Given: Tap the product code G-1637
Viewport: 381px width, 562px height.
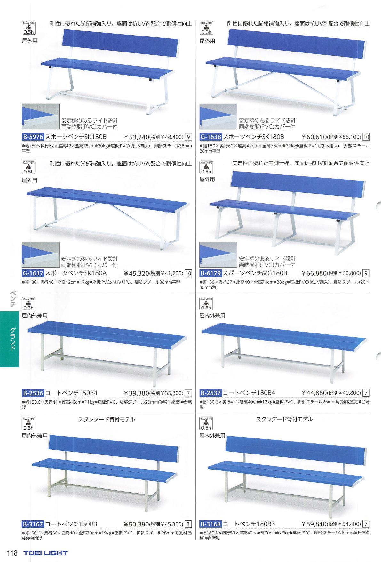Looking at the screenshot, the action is click(x=33, y=273).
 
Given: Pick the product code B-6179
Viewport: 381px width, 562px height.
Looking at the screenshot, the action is click(x=210, y=273).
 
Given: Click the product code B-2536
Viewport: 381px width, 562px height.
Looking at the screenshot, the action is click(x=33, y=393).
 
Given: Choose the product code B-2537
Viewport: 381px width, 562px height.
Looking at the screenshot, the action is click(x=210, y=393).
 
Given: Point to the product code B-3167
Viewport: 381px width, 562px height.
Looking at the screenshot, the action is click(x=33, y=524).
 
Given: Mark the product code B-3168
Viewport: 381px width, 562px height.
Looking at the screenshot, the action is click(x=210, y=524).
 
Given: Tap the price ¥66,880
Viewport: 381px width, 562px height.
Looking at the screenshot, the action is click(x=314, y=273).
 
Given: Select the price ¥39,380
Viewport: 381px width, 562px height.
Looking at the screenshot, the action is click(x=137, y=393).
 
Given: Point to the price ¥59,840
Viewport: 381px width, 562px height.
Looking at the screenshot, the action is click(x=314, y=524).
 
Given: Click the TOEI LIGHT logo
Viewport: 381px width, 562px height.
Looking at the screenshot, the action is click(x=45, y=553).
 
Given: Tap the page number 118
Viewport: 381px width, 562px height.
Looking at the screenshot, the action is click(x=12, y=553).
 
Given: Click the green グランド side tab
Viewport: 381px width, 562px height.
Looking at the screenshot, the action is click(x=10, y=339).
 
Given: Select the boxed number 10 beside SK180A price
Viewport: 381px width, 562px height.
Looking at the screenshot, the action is click(x=188, y=273).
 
